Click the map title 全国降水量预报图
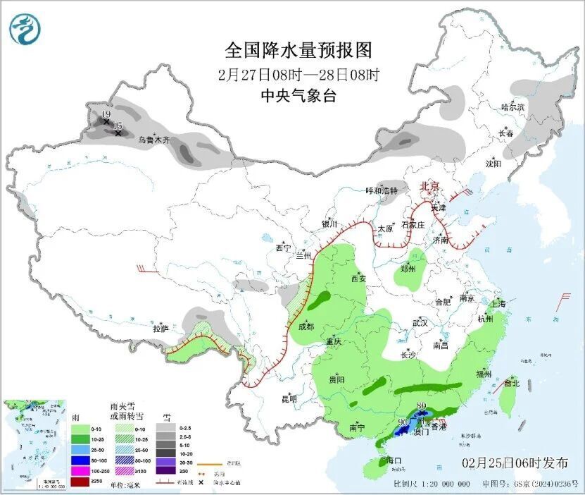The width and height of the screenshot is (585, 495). point(298,50)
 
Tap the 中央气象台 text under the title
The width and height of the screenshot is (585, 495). point(298,96)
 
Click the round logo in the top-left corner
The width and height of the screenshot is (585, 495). point(25,29)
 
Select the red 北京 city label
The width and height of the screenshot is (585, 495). point(429,186)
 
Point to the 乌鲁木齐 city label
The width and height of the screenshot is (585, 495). point(153,140)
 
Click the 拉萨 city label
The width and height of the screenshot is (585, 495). point(161,328)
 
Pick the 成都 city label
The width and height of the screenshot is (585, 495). point(306,326)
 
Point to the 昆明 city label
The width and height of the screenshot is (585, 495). point(289,399)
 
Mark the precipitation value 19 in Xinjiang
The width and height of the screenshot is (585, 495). point(106,114)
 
